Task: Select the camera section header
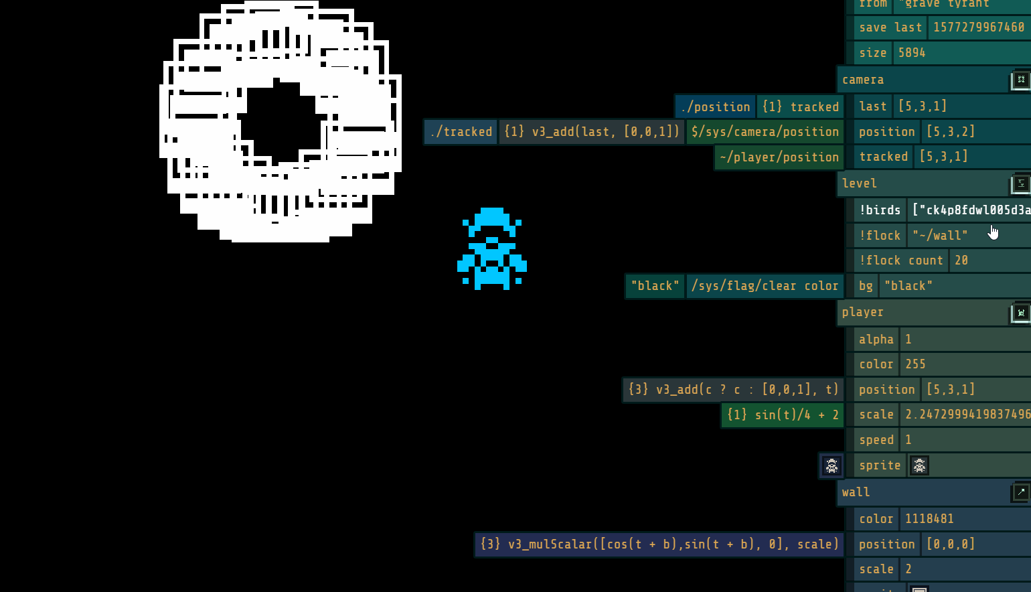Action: (x=924, y=80)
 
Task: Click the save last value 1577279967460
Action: (x=978, y=27)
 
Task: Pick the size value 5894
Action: (x=912, y=53)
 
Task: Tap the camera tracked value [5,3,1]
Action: (x=943, y=157)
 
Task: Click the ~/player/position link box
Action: (x=779, y=157)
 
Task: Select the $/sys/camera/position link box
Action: (x=765, y=132)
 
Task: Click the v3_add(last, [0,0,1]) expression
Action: (x=592, y=132)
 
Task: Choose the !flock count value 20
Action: (x=961, y=261)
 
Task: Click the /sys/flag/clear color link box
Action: (x=765, y=286)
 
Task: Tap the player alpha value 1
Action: (x=908, y=340)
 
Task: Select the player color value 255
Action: (x=915, y=364)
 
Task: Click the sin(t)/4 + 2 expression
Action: (x=783, y=415)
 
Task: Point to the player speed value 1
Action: (x=908, y=440)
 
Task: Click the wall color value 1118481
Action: (x=929, y=519)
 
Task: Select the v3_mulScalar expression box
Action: (x=659, y=544)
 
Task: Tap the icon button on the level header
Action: (x=1021, y=183)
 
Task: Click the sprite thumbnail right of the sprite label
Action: (x=919, y=465)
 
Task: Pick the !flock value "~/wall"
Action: (x=940, y=236)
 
